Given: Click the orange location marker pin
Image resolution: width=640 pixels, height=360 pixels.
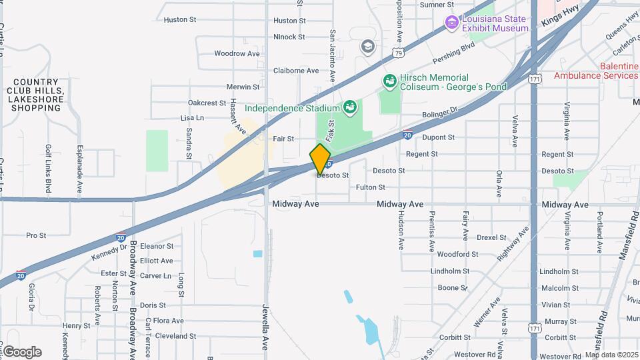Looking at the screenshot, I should (x=321, y=159).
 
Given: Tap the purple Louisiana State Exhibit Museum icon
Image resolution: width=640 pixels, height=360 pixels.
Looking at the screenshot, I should (x=452, y=23).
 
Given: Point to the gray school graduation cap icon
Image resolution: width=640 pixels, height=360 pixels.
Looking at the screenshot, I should (x=366, y=46).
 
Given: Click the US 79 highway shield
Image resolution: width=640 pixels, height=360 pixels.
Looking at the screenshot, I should (x=398, y=51).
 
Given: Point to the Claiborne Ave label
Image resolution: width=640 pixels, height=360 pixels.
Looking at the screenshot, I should (x=296, y=70).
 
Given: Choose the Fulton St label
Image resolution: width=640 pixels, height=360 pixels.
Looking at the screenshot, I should (x=371, y=187).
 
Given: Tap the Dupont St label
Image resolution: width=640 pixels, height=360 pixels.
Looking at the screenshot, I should (x=438, y=137).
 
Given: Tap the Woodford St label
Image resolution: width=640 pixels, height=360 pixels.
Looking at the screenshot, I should (x=458, y=254).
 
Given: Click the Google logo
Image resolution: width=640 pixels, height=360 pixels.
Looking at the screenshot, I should (x=22, y=352).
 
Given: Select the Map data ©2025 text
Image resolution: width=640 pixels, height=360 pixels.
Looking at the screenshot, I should (x=611, y=355).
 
